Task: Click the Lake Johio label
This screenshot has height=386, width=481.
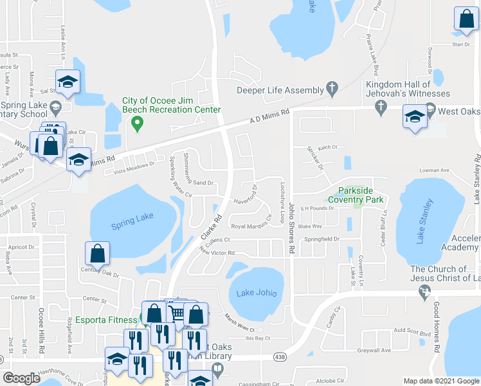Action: point(255,293)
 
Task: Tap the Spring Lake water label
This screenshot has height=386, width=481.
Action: point(132,220)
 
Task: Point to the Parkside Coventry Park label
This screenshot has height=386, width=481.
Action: point(356,195)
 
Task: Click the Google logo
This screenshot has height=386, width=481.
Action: point(22,378)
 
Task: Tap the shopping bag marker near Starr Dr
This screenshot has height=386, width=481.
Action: point(466,21)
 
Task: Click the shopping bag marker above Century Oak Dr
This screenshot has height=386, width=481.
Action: point(97,255)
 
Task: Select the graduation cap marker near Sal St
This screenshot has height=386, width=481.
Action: point(67,83)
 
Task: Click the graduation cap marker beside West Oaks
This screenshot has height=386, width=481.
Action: point(414,118)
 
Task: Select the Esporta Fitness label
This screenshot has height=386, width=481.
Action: point(104,317)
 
